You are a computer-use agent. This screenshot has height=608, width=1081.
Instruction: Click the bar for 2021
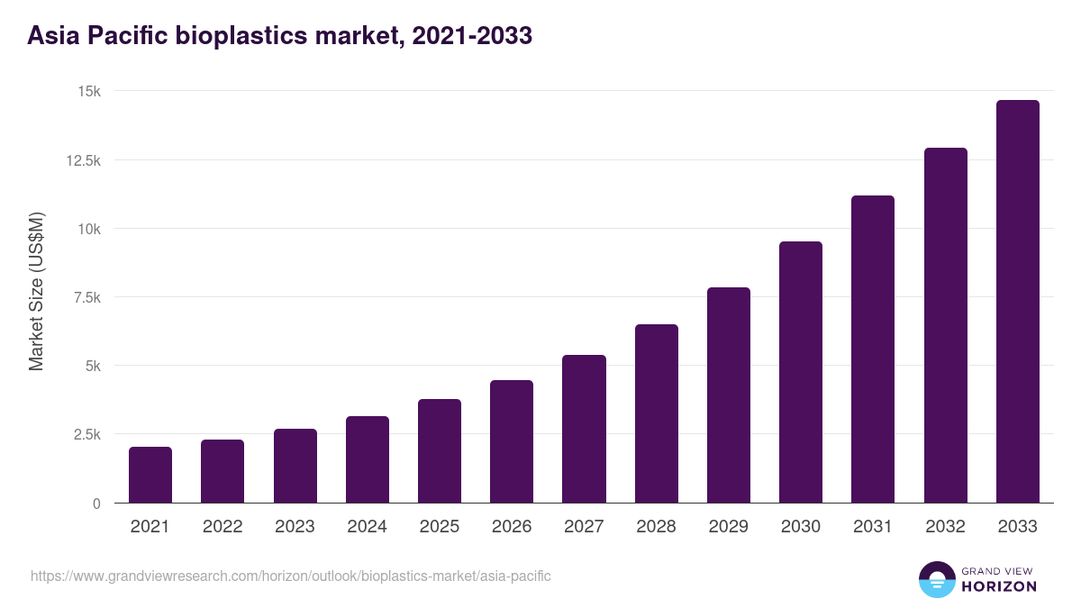(150, 475)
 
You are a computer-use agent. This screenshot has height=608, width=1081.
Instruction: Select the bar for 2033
(1017, 302)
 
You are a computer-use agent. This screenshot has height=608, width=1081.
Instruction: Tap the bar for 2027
(584, 429)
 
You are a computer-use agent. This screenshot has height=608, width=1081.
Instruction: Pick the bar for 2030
(801, 372)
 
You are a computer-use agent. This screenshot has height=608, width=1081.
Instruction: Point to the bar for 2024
(368, 459)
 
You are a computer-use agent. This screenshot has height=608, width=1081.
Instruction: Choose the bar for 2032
(945, 325)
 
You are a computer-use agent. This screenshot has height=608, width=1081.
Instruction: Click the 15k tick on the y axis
(87, 92)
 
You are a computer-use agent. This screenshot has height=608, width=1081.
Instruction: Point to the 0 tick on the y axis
(95, 504)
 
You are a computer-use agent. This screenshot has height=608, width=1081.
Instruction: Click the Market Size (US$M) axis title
(36, 292)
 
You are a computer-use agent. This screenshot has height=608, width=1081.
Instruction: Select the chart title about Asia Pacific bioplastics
(279, 36)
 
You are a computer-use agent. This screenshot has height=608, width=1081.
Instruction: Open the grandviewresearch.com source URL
(291, 576)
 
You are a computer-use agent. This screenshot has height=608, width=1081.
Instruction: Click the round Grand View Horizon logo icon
(936, 579)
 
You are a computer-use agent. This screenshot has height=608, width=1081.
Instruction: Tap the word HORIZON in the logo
(998, 586)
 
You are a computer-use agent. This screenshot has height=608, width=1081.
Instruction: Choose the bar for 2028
(657, 413)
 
